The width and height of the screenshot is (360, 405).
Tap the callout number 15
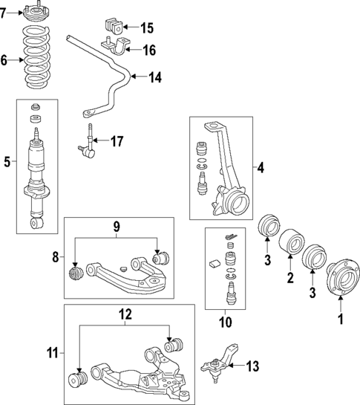pyautogui.click(x=146, y=28)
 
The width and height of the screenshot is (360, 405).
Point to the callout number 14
pyautogui.click(x=155, y=77)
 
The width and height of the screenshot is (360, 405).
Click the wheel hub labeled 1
pyautogui.click(x=340, y=277)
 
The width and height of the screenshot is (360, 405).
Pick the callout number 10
pyautogui.click(x=225, y=322)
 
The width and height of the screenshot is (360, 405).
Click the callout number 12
pyautogui.click(x=125, y=314)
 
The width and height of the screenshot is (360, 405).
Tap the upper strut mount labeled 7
pyautogui.click(x=35, y=13)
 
